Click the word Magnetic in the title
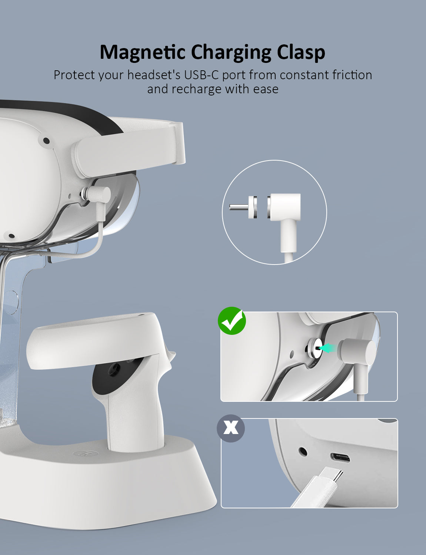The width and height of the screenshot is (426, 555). [142, 53]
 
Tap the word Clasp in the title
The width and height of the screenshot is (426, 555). [301, 53]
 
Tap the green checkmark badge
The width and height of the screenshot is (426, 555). [232, 320]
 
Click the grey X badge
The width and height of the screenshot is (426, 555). [231, 428]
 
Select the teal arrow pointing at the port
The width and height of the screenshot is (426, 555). [328, 348]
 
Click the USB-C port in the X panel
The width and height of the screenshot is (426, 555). [340, 458]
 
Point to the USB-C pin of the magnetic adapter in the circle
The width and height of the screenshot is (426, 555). [239, 207]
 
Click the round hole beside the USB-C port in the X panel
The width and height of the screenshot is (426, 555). [303, 451]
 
